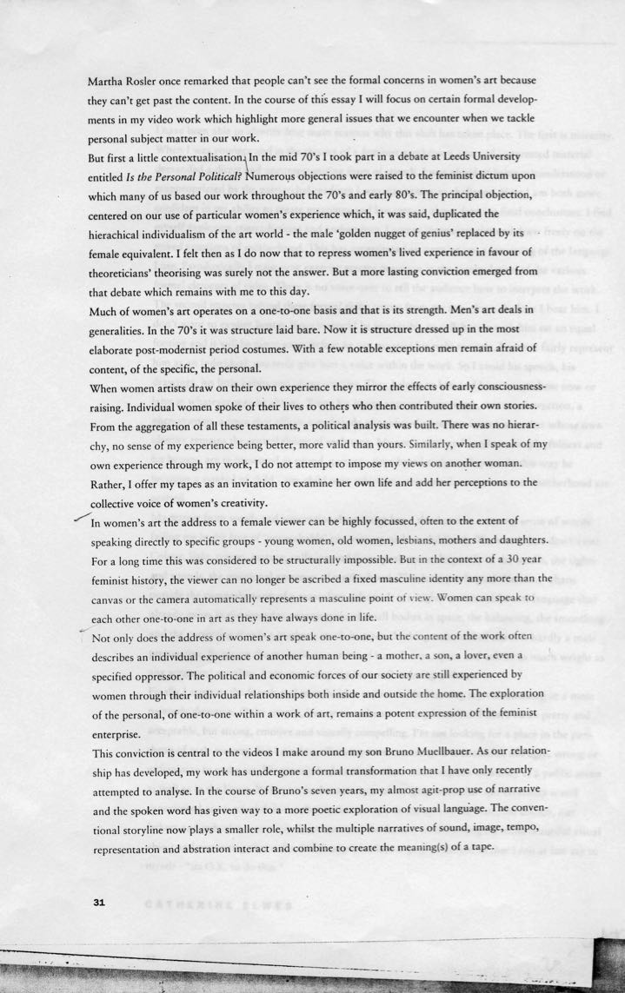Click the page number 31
point(97,903)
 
